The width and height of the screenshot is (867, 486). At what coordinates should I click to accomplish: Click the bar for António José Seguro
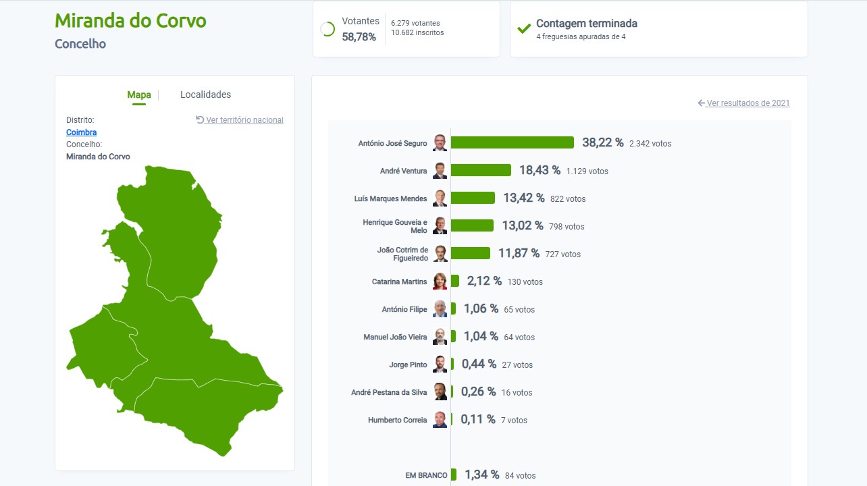click(x=512, y=142)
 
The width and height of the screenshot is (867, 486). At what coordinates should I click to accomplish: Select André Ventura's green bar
click(x=481, y=170)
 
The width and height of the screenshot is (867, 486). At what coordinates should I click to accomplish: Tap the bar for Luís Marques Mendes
click(x=473, y=198)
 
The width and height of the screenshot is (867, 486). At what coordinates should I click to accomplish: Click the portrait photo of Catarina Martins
click(x=440, y=281)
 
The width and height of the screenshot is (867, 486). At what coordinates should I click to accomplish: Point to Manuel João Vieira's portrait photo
click(x=440, y=337)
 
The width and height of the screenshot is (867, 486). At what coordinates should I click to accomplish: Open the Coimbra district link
click(x=81, y=132)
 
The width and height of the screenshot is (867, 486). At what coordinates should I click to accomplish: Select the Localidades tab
click(x=205, y=94)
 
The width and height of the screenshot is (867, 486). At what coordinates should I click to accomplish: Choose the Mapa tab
click(x=139, y=94)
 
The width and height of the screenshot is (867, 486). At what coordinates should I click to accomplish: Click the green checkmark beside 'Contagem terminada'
click(x=524, y=28)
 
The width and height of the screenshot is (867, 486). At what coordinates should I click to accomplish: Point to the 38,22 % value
click(x=602, y=142)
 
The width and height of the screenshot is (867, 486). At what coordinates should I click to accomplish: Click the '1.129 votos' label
click(x=587, y=171)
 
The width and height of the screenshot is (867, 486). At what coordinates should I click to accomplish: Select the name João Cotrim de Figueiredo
click(x=402, y=254)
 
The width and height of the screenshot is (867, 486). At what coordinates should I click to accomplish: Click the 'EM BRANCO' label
click(x=426, y=475)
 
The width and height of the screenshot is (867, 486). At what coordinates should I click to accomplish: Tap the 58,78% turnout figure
click(x=359, y=36)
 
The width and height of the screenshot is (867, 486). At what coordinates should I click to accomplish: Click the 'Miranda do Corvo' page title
click(x=130, y=21)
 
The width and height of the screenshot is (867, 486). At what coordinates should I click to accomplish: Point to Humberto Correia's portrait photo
click(x=440, y=419)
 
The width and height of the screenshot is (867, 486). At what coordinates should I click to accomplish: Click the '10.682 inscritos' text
click(x=417, y=32)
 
